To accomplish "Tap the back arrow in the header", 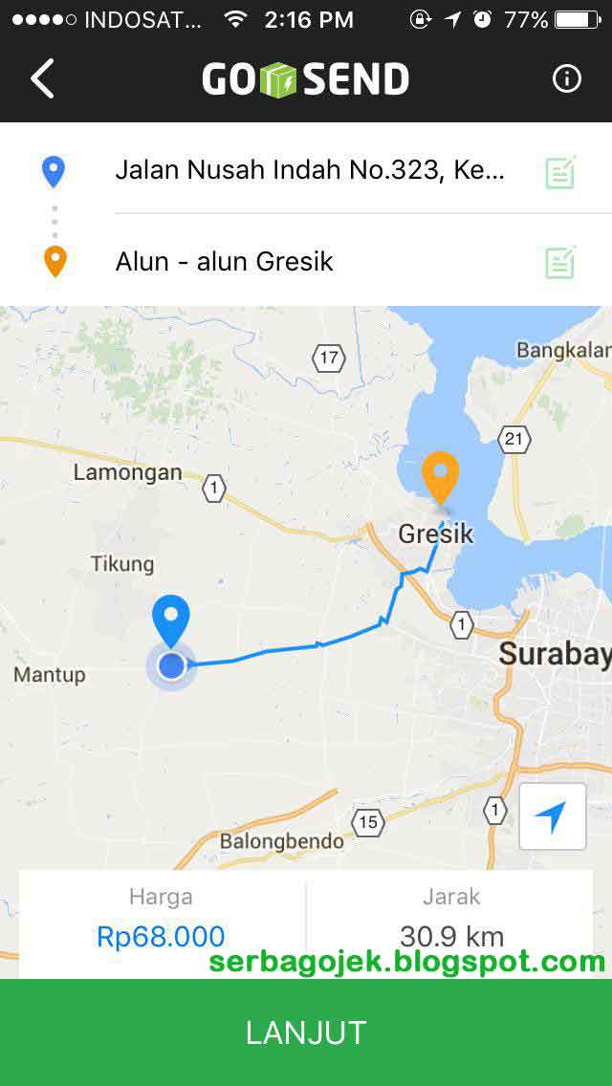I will click(43, 78).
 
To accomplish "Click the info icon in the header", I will click(566, 78).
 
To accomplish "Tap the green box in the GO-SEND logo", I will click(280, 79).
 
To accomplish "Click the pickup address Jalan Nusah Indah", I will click(310, 170).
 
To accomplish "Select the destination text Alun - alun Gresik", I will click(224, 261).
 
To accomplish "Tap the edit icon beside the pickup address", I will click(560, 172).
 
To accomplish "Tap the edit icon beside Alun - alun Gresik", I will click(560, 262).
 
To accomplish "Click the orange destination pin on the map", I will click(440, 477).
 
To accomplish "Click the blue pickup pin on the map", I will click(172, 620).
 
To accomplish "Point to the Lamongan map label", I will click(127, 472).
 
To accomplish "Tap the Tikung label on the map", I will click(122, 564).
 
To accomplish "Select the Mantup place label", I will click(50, 675).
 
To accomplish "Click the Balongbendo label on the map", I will click(282, 841).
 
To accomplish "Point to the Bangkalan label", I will click(562, 350).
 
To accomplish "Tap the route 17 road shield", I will click(329, 358).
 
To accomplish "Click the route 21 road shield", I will click(514, 439).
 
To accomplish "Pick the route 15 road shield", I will click(368, 821).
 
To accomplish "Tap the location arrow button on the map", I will click(552, 816).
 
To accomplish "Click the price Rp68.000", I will click(161, 936).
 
